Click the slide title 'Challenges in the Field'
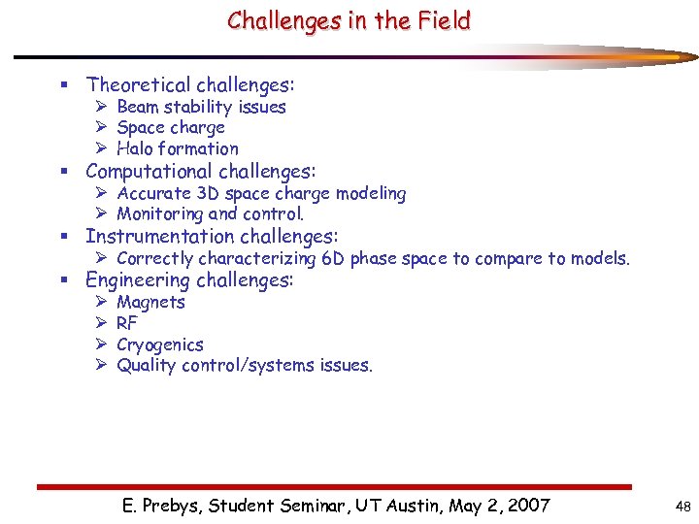click(x=349, y=20)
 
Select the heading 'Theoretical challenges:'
click(x=190, y=85)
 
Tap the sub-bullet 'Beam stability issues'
click(x=201, y=107)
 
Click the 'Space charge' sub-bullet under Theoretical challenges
click(x=171, y=127)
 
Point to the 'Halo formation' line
click(x=178, y=148)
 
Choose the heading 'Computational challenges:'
click(x=201, y=172)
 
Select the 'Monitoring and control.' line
click(x=211, y=214)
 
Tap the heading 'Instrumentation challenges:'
click(x=212, y=237)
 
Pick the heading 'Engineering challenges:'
click(x=189, y=280)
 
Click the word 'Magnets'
click(x=150, y=302)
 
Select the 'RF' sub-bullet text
click(x=127, y=323)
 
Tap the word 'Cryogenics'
click(x=160, y=344)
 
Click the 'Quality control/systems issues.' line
click(x=245, y=366)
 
